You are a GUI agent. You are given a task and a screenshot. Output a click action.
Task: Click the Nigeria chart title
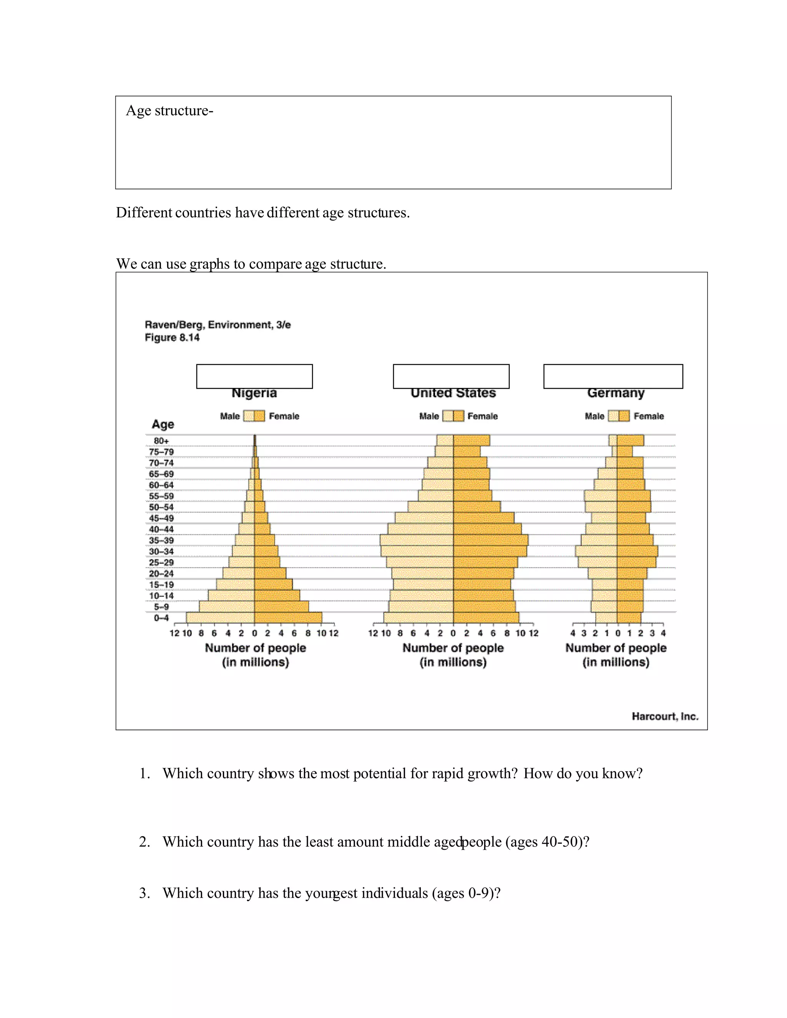tap(254, 393)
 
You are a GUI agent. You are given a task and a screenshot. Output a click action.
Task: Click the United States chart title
tap(453, 393)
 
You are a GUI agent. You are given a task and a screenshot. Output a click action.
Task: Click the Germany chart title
tap(616, 393)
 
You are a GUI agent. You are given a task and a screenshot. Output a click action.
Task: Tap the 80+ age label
tap(161, 441)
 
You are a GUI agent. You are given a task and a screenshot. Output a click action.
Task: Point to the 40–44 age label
tap(161, 529)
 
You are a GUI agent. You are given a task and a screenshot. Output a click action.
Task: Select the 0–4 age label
tap(161, 618)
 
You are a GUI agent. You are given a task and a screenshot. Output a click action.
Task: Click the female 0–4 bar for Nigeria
tap(288, 618)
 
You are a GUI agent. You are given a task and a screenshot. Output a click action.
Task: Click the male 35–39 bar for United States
tap(416, 540)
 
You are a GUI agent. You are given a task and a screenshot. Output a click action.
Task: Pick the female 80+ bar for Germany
tap(630, 441)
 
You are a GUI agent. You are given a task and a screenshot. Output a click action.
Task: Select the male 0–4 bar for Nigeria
tap(220, 618)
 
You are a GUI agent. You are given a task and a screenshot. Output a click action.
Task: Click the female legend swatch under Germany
tap(624, 416)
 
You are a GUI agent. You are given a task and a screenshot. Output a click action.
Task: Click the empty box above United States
tap(451, 376)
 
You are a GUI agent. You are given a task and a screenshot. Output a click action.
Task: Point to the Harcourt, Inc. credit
tap(665, 716)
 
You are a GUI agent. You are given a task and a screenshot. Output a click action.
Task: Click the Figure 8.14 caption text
tap(172, 337)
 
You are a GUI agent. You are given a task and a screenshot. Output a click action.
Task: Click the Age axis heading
tap(163, 424)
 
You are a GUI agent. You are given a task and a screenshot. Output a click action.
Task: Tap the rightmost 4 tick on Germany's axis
tap(663, 633)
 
